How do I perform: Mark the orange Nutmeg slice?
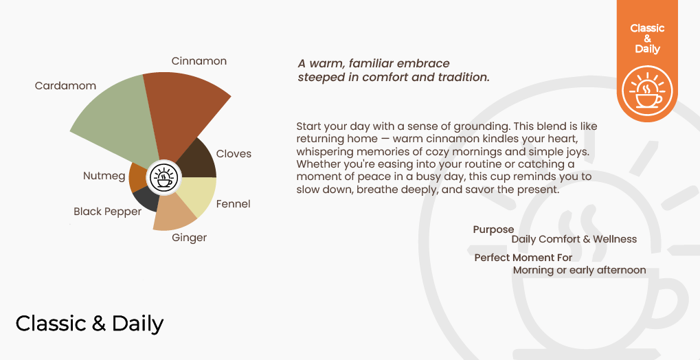click(137, 177)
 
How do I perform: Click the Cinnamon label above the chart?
click(199, 60)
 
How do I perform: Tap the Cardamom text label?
click(66, 85)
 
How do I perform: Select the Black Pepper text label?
click(107, 212)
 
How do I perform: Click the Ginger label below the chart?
click(190, 238)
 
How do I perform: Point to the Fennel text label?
click(233, 204)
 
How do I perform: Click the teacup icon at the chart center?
click(164, 178)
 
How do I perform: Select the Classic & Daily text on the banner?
click(647, 38)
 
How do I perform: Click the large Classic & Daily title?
click(89, 324)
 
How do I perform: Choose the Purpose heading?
click(493, 229)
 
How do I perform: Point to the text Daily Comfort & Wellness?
click(574, 239)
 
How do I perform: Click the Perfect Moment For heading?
click(523, 258)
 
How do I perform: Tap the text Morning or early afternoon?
click(580, 270)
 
